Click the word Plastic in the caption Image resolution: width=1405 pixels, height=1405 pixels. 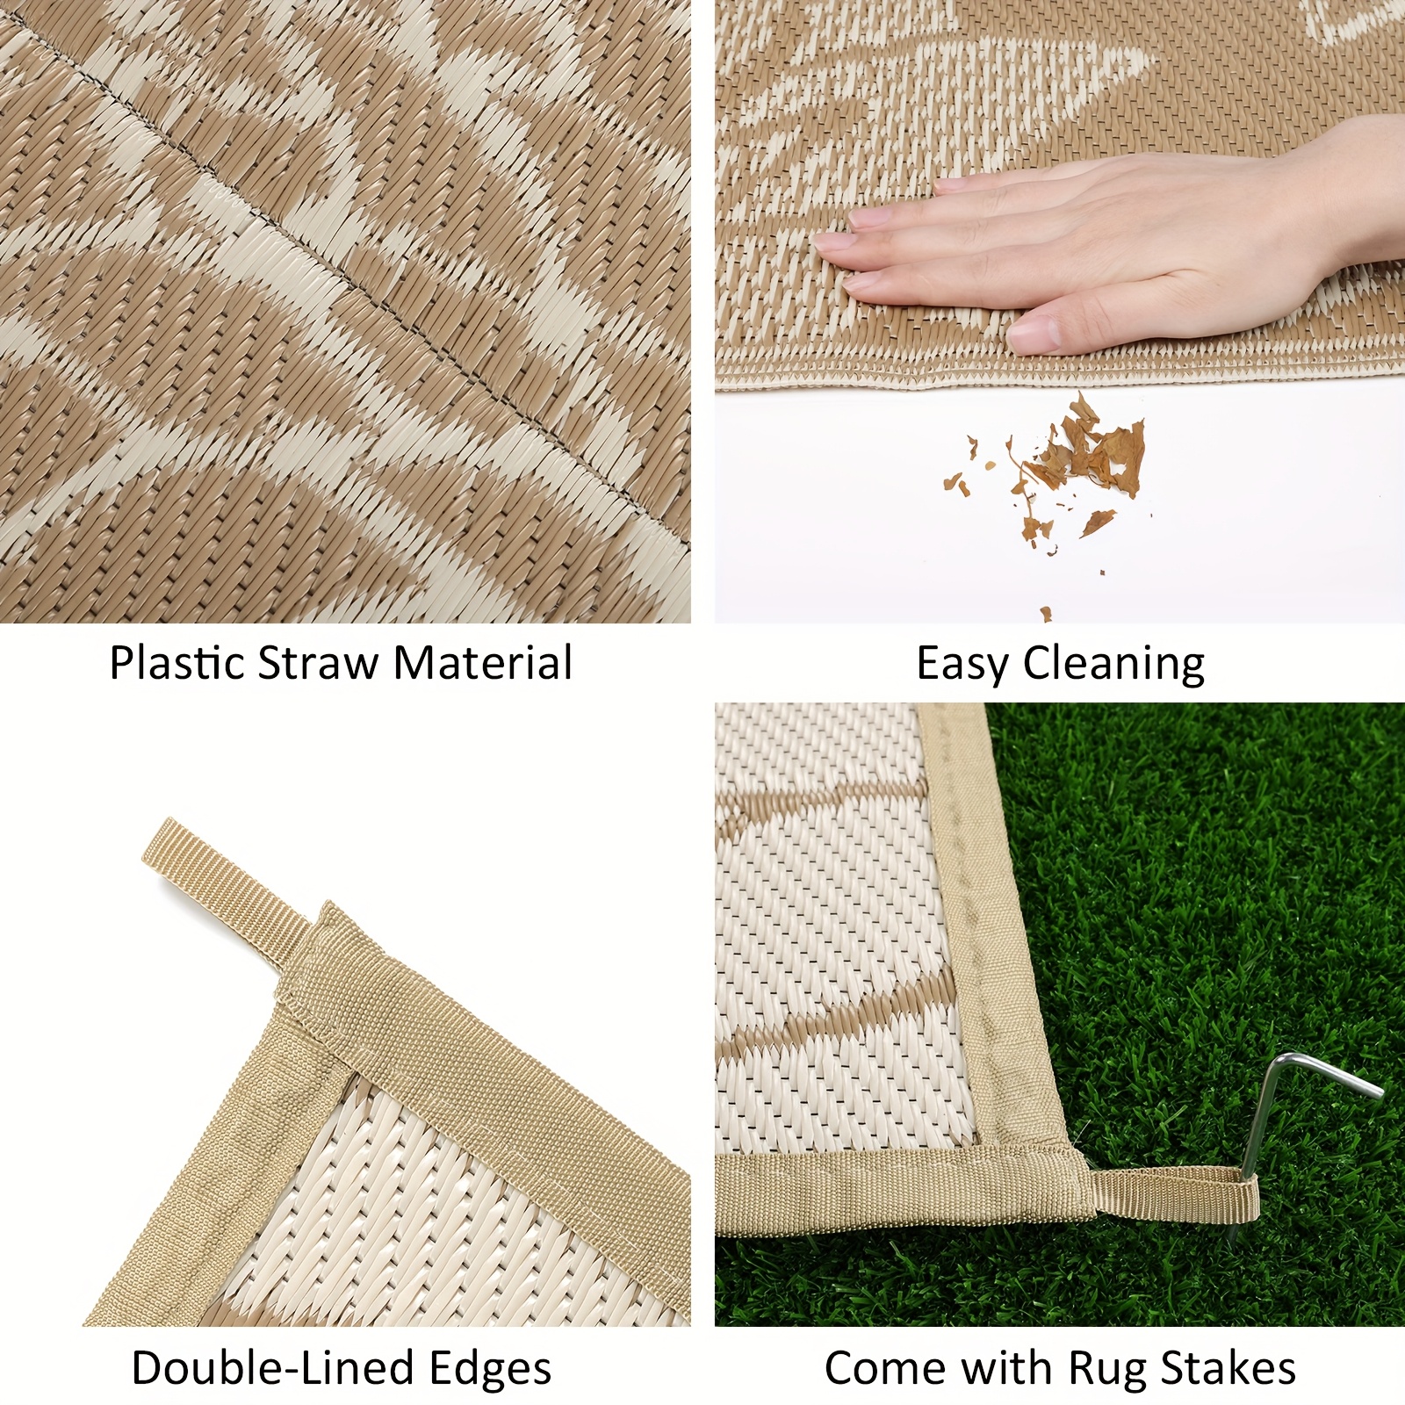point(177,663)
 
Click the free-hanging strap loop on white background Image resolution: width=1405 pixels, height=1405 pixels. point(233,887)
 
